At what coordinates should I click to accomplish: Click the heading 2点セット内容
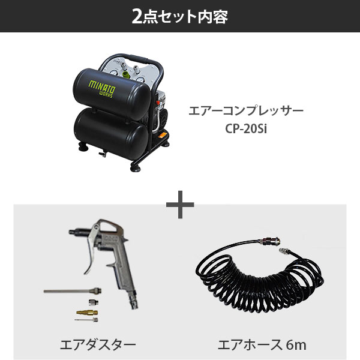click(180, 17)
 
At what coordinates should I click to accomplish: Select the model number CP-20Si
click(246, 129)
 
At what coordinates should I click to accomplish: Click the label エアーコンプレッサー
click(246, 111)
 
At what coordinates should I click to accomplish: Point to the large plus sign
click(180, 205)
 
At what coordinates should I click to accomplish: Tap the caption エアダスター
click(98, 345)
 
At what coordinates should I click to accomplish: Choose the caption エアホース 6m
click(262, 345)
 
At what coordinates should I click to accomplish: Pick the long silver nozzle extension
click(73, 291)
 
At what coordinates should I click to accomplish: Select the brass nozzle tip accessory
click(87, 313)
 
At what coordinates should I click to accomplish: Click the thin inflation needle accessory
click(86, 320)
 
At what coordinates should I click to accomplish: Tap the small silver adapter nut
click(94, 302)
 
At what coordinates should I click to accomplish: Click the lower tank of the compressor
click(111, 134)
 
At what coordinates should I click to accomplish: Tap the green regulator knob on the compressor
click(126, 74)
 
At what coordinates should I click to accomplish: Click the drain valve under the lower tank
click(103, 154)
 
